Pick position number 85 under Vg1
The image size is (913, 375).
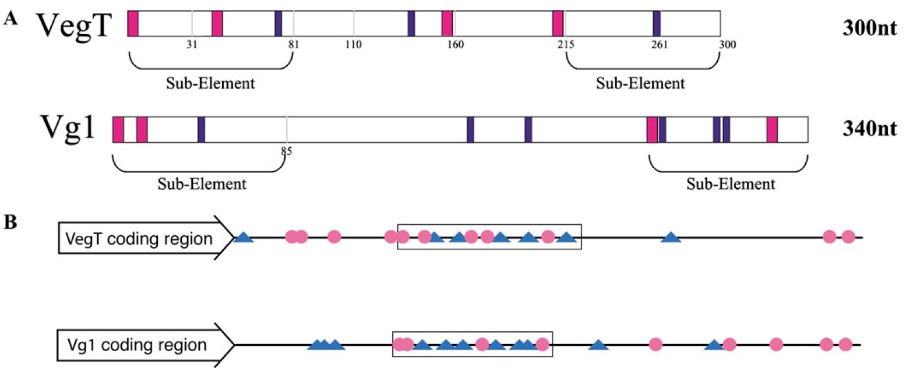pos(286,152)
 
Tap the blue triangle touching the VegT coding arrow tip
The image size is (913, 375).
pos(243,237)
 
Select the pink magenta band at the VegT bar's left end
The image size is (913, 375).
pos(133,23)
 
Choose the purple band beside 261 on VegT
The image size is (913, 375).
pos(657,23)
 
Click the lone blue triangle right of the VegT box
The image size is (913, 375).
pos(671,237)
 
